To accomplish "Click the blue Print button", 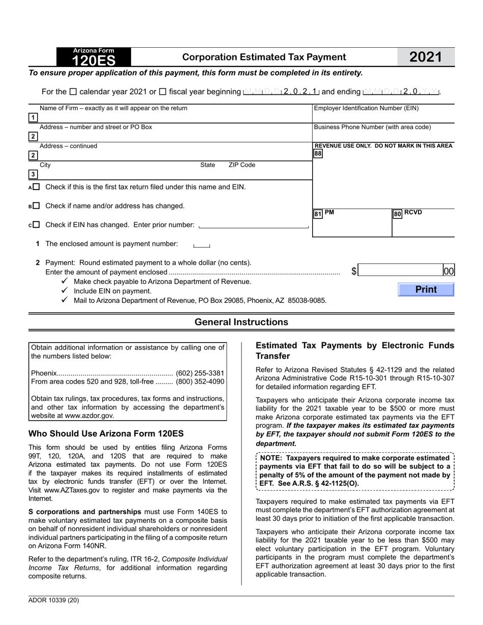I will pos(426,290).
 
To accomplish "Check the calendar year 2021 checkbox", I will pos(73,92).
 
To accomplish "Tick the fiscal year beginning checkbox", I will pos(163,92).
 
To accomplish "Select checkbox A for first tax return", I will pos(36,187).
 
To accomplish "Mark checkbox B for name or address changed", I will pos(36,206).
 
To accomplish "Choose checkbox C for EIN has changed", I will pos(36,225).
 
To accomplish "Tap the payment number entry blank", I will pos(201,245).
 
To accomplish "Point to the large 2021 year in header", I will pos(426,57).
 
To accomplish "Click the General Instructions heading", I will pos(241,322).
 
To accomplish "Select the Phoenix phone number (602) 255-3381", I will pos(200,373).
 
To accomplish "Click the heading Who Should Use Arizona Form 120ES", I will pos(106,433).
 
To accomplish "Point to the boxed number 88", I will pos(318,153).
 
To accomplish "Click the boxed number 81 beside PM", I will pos(318,214).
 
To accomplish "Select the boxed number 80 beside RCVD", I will pos(398,214).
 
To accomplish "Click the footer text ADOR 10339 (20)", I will pos(54,600).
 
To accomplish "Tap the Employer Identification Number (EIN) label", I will pos(366,108).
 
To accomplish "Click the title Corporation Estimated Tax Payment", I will pos(264,57).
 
